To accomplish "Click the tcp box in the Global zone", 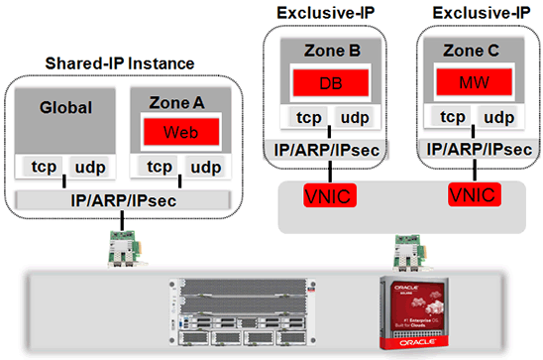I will [44, 167].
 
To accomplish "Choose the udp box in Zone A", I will [204, 167].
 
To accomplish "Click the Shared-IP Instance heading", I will [121, 63].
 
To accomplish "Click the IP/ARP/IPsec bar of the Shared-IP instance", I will [123, 199].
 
